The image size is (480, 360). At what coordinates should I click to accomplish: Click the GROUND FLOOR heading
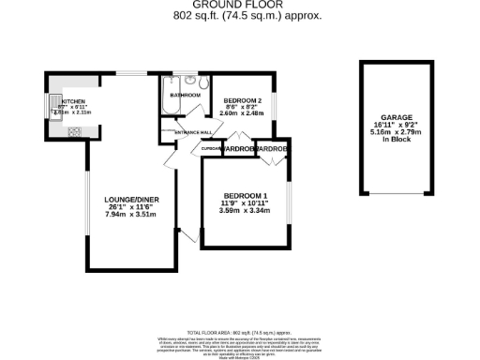[x=240, y=5]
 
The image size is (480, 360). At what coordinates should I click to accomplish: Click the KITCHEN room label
[x=74, y=100]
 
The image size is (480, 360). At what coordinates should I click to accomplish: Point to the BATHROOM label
[x=184, y=95]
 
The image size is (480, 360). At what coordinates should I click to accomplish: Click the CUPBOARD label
[x=211, y=148]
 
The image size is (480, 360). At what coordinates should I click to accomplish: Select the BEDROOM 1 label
[x=245, y=194]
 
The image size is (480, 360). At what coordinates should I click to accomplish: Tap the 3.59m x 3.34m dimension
[x=245, y=210]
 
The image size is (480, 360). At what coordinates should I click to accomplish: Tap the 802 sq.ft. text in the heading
[x=197, y=16]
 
